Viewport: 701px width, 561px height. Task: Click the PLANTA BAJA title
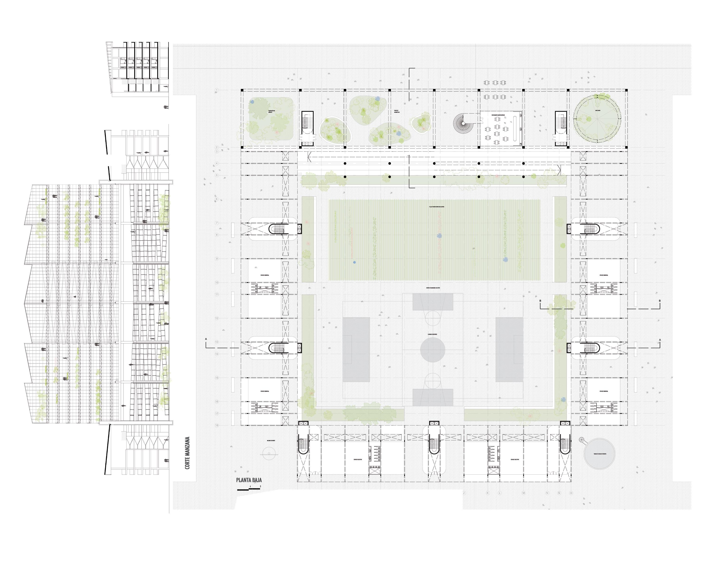point(249,480)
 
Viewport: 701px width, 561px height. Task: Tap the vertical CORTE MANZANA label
point(187,453)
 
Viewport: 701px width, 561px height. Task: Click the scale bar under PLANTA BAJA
point(249,489)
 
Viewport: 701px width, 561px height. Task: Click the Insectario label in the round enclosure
point(597,111)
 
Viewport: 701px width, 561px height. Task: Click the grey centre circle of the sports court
point(433,350)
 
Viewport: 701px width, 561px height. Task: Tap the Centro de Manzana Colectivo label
point(433,288)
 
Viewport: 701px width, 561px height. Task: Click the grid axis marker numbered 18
point(217,425)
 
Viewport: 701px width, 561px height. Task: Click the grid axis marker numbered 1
point(217,90)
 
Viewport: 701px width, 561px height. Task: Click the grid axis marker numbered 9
point(217,259)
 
